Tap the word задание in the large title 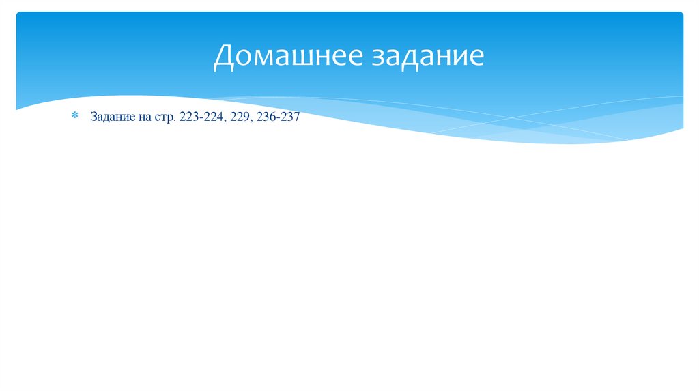[x=428, y=57]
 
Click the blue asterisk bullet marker [x=76, y=116]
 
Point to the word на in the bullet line [x=145, y=117]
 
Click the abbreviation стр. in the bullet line [x=165, y=117]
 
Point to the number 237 [x=290, y=117]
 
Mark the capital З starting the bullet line [x=94, y=117]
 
